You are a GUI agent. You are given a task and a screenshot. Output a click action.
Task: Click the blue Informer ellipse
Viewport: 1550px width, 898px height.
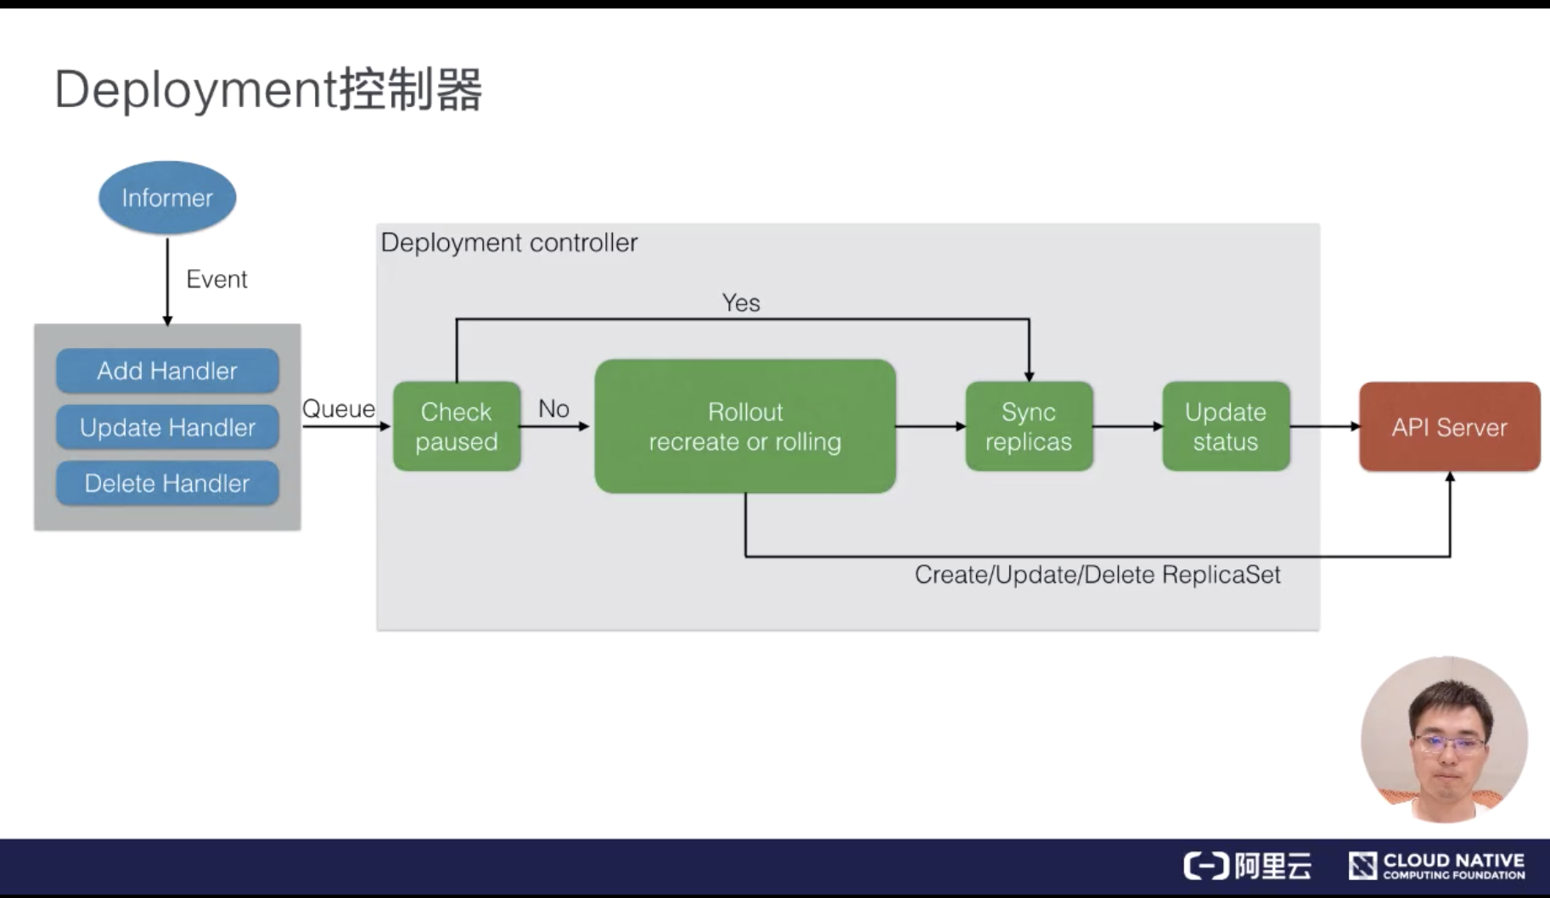[x=167, y=198]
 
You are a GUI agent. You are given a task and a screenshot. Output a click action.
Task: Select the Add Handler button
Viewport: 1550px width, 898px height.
[x=167, y=371]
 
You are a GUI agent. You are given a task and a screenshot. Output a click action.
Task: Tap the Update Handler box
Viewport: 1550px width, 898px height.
[x=167, y=427]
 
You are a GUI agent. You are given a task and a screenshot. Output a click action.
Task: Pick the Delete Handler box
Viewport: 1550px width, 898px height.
[x=167, y=483]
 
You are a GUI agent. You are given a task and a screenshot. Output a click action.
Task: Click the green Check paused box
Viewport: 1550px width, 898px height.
[x=457, y=426]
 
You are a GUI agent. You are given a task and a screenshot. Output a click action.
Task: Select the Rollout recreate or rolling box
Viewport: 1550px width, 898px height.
[x=745, y=426]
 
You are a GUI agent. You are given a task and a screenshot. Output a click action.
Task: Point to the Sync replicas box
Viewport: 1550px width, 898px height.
[x=1029, y=426]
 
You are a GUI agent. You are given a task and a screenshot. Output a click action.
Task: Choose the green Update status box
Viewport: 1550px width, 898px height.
[x=1226, y=426]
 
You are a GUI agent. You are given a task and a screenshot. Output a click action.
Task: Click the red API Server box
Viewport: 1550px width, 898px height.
[x=1449, y=427]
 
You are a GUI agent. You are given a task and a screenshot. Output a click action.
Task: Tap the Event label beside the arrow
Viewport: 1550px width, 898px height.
[x=216, y=279]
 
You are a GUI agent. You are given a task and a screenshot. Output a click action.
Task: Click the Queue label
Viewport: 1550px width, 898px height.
[x=338, y=409]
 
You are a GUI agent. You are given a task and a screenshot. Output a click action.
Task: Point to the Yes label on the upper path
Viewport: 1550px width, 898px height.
[x=741, y=303]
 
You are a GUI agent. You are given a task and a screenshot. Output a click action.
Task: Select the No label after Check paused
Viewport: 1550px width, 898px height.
[x=553, y=409]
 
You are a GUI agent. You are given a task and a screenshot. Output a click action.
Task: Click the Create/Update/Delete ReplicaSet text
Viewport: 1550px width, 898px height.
[x=1097, y=575]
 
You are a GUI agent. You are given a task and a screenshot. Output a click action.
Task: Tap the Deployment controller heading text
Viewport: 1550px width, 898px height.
[x=509, y=243]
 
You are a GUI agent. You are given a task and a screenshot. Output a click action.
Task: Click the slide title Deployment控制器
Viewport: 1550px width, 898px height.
[x=268, y=89]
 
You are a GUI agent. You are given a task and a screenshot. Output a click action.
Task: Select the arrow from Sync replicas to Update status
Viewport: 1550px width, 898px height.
[x=1127, y=426]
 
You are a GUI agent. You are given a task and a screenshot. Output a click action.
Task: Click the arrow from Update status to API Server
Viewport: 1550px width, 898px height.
[x=1324, y=426]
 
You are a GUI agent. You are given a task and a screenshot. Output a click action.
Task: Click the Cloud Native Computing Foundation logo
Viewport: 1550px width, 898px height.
[x=1436, y=866]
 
